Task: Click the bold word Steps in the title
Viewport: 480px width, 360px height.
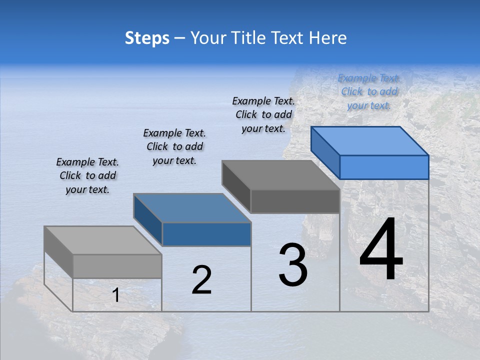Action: coord(147,38)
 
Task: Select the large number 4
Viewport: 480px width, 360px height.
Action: coord(381,250)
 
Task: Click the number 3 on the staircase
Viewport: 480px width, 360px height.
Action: coord(293,265)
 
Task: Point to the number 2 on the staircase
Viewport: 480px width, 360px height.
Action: coord(202,280)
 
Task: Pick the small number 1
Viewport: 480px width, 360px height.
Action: coord(116,295)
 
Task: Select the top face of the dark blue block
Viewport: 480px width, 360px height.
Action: coord(192,208)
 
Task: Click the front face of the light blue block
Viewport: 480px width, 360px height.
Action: coord(384,167)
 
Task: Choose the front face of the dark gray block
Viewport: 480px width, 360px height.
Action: coord(295,201)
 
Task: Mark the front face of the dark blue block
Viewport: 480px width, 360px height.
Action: coord(206,234)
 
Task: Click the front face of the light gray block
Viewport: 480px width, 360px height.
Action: coord(117,266)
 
